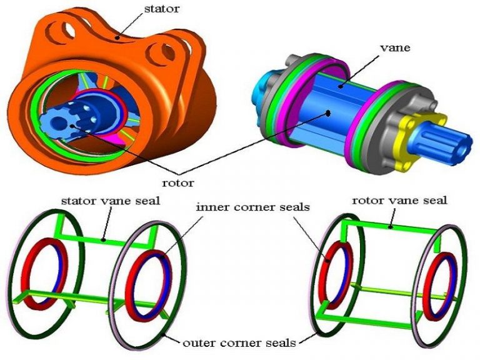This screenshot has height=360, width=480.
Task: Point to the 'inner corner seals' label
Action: (x=253, y=207)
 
